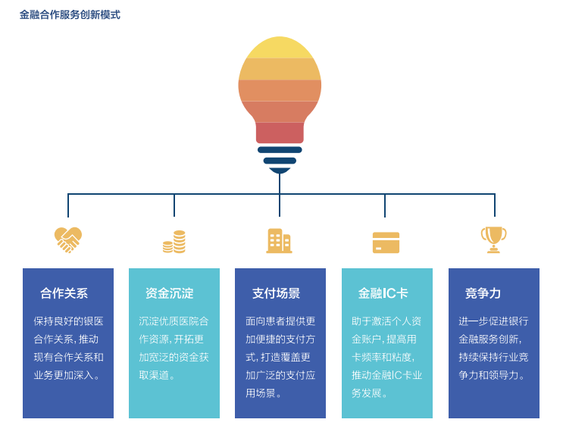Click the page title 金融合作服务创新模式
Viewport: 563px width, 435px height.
tap(70, 15)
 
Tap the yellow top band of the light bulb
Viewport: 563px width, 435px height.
tap(280, 48)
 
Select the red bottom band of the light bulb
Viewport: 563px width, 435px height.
tap(280, 133)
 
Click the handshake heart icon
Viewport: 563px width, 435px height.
tap(68, 239)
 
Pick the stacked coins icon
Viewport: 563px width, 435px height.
tap(174, 242)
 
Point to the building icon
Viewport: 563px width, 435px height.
tap(279, 241)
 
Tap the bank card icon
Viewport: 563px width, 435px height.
tap(386, 242)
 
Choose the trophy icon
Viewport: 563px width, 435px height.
tap(493, 239)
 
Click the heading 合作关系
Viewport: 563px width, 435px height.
tap(64, 293)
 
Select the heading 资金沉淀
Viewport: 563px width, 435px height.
tap(170, 293)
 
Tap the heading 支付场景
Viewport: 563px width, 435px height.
tap(276, 293)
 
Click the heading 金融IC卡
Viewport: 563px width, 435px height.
tap(383, 293)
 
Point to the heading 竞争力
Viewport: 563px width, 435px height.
tap(483, 293)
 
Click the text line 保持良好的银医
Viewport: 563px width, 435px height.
tap(69, 321)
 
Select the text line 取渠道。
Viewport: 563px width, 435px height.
tap(158, 375)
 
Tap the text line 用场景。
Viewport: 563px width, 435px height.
tap(264, 393)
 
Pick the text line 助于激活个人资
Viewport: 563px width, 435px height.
tap(386, 321)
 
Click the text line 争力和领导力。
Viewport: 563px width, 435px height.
tap(493, 375)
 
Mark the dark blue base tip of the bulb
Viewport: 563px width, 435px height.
tap(280, 170)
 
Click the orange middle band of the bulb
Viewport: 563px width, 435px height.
tap(280, 90)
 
